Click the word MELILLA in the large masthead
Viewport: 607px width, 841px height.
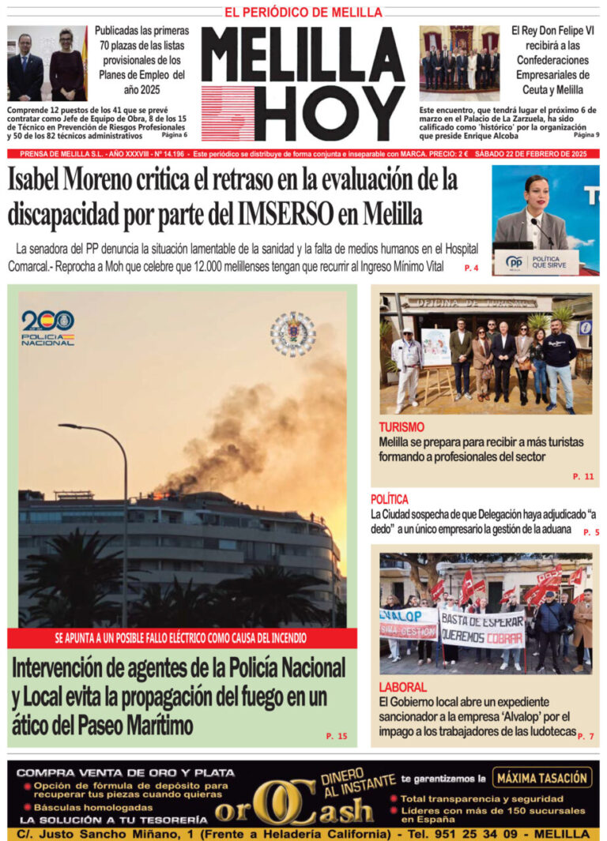(x=303, y=55)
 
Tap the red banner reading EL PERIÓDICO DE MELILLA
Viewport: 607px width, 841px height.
(x=303, y=13)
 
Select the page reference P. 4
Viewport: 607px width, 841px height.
(x=471, y=268)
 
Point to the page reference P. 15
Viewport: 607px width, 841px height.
(x=336, y=736)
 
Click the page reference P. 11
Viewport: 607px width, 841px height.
(x=582, y=477)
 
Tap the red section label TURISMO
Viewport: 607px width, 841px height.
(x=401, y=427)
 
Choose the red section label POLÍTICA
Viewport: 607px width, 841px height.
(x=389, y=499)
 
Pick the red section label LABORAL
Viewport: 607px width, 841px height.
(x=402, y=687)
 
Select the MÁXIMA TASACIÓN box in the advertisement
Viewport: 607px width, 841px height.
(x=543, y=777)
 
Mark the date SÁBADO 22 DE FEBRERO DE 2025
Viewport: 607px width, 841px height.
(x=534, y=154)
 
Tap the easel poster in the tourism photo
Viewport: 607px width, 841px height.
(x=435, y=347)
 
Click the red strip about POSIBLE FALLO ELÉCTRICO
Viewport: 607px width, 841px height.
(x=181, y=638)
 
